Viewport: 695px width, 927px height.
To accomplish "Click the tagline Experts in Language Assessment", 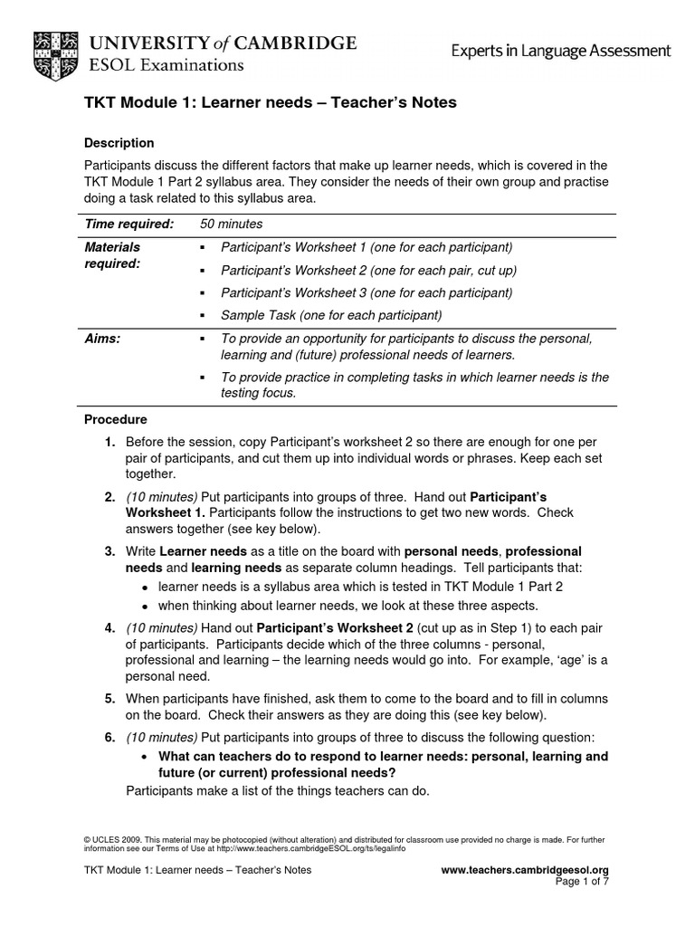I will (x=561, y=52).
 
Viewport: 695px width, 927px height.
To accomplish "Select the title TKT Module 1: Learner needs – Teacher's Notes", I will (x=270, y=103).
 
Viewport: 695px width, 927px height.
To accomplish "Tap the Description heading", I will (x=119, y=143).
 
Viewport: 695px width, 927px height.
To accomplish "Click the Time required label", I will (x=129, y=224).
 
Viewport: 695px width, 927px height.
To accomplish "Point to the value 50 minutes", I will (x=231, y=224).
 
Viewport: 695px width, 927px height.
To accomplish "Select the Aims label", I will (x=101, y=338).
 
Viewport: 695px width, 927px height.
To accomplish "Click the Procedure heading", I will (x=115, y=420).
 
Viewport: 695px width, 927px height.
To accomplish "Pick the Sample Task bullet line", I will (x=330, y=315).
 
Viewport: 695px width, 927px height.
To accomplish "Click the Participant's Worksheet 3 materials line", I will (x=367, y=292).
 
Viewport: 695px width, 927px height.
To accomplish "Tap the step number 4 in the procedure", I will (x=109, y=627).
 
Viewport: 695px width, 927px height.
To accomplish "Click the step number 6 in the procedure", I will (x=109, y=738).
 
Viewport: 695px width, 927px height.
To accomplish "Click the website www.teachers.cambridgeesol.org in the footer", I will (x=524, y=870).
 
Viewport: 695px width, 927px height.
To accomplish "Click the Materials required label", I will (x=113, y=254).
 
